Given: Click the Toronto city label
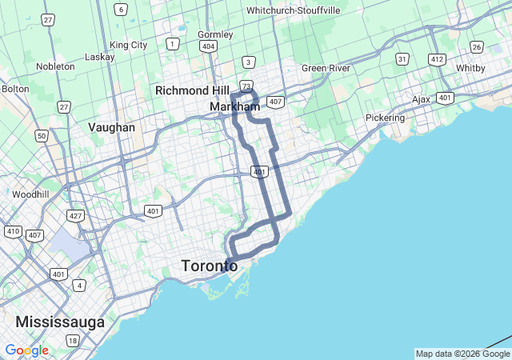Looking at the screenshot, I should click(x=210, y=266).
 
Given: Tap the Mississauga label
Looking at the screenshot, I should click(x=60, y=322).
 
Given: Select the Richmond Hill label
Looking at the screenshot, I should click(x=192, y=90).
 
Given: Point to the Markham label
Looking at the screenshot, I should click(x=234, y=106).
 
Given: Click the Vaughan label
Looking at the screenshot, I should click(x=112, y=127).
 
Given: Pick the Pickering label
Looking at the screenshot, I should click(x=385, y=118).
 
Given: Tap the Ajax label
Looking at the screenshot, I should click(x=421, y=100).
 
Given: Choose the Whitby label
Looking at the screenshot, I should click(x=470, y=68).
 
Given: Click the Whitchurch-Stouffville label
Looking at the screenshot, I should click(x=293, y=10).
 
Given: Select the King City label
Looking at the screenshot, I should click(x=129, y=45).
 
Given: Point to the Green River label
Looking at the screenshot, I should click(x=326, y=68).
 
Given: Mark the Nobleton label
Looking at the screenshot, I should click(x=55, y=66).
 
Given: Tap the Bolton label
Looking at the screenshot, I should click(x=14, y=89).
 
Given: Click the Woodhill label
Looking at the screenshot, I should click(x=31, y=194).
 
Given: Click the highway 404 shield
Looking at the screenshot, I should click(x=208, y=46).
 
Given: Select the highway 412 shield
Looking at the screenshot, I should click(x=437, y=59).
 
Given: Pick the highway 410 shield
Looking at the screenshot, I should click(x=13, y=231).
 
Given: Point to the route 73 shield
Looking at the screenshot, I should click(x=246, y=86).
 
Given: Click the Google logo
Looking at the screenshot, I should click(x=26, y=350).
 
